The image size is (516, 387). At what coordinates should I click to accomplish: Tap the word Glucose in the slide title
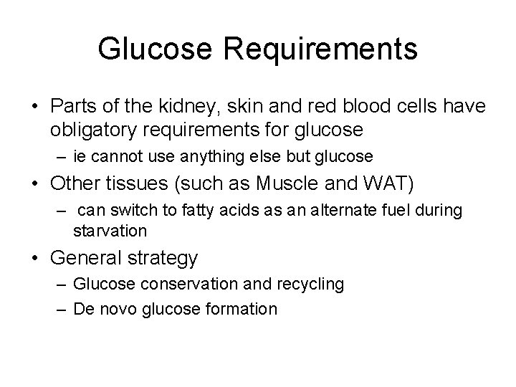point(145,49)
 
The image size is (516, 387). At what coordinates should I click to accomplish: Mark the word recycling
point(306,285)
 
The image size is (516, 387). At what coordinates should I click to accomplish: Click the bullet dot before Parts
point(35,107)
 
